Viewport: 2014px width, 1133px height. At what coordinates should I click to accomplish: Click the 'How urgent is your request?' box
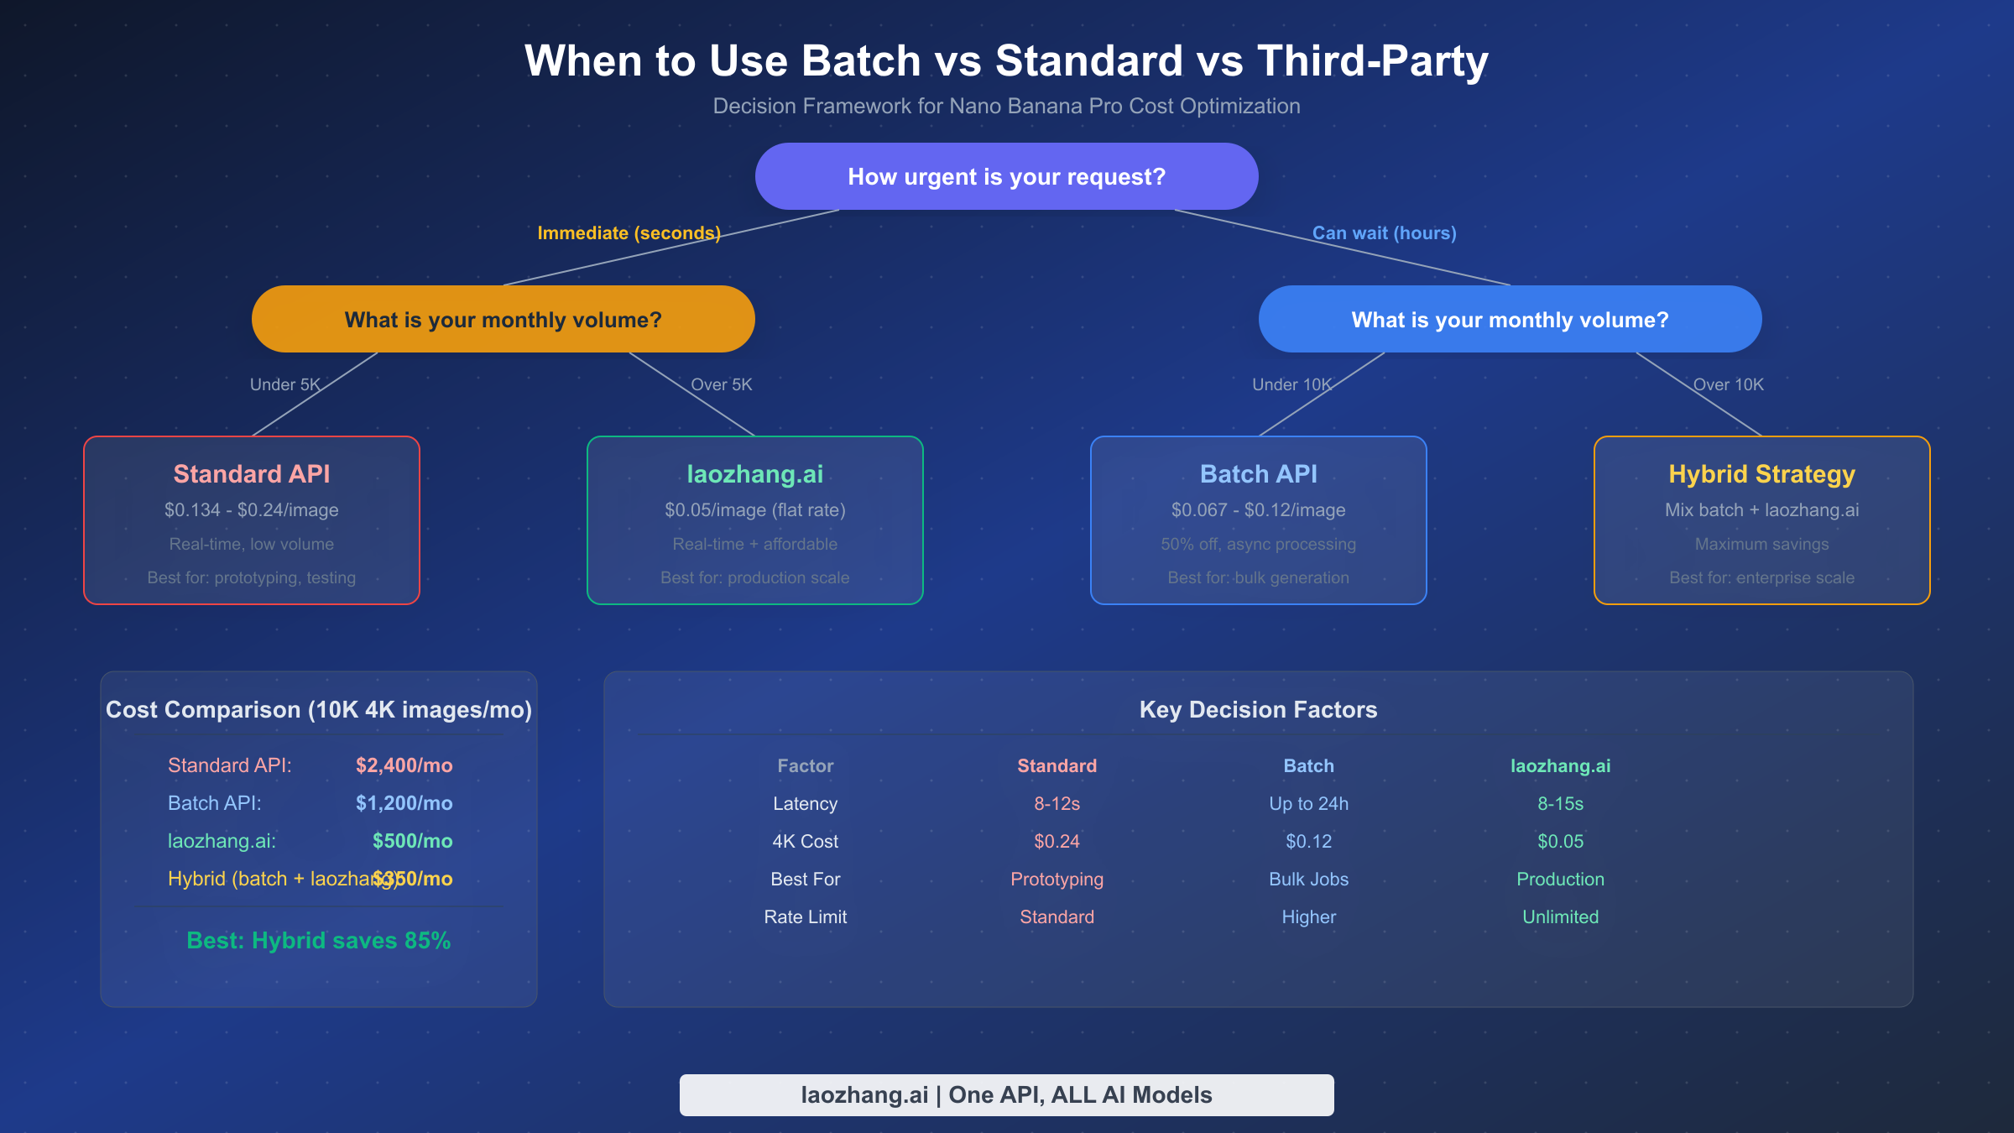(x=1006, y=176)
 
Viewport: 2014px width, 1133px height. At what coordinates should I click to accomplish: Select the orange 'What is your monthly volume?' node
(x=503, y=320)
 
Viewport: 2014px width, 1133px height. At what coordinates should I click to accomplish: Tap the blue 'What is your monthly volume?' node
(x=1510, y=320)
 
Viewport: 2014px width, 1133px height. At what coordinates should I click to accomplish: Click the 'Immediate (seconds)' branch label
(x=629, y=232)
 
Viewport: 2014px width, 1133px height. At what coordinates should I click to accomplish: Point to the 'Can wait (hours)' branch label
(x=1384, y=232)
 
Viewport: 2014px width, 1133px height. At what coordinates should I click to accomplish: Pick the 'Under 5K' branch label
(x=284, y=384)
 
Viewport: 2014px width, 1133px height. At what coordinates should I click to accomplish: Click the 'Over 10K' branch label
(x=1728, y=384)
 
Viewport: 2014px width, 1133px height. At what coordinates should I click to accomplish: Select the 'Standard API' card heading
(x=251, y=474)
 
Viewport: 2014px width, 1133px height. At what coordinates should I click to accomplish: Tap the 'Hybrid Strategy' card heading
(x=1761, y=474)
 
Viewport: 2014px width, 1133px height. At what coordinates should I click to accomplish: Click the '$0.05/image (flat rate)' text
(x=754, y=510)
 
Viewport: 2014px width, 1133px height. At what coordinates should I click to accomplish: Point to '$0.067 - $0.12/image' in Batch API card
(x=1258, y=510)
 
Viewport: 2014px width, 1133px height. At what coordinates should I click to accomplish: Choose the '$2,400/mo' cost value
(x=404, y=765)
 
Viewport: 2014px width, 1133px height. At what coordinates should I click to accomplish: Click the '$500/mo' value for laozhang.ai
(x=412, y=841)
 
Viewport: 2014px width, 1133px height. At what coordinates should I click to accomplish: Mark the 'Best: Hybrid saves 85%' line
(x=318, y=941)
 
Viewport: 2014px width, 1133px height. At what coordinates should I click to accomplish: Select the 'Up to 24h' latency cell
(x=1308, y=803)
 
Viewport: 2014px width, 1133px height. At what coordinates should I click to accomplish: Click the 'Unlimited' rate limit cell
(x=1560, y=916)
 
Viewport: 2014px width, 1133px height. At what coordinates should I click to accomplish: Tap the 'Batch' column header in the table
(x=1308, y=765)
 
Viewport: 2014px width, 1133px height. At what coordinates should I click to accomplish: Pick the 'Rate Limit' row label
(x=805, y=916)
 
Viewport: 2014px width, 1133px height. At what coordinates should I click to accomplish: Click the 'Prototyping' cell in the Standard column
(x=1057, y=879)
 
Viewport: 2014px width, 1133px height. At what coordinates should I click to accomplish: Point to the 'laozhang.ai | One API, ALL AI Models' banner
(x=1006, y=1094)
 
